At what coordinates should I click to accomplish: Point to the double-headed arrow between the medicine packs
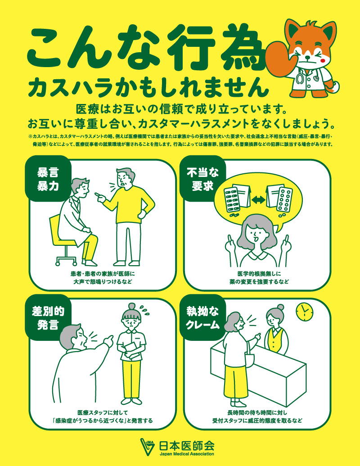[x=258, y=199]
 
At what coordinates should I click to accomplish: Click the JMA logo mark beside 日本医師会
[x=149, y=447]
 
